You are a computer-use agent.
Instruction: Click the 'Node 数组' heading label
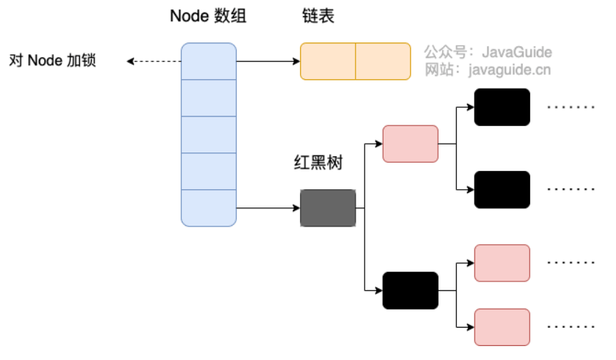(208, 16)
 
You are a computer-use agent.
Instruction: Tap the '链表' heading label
(318, 16)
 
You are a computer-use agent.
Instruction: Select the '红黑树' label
(318, 162)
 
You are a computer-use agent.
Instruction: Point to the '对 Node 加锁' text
(53, 60)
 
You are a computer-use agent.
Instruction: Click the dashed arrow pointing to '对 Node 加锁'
(154, 62)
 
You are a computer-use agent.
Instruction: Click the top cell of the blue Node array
(208, 62)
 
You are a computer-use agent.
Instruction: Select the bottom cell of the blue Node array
(208, 208)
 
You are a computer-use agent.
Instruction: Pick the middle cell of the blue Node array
(208, 135)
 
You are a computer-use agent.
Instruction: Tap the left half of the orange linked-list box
(328, 62)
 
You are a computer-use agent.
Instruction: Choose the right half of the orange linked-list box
(383, 62)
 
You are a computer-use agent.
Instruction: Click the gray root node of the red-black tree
(328, 208)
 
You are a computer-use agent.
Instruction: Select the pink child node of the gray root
(411, 144)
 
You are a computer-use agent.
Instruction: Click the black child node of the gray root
(411, 290)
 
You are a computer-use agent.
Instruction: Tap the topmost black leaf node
(502, 107)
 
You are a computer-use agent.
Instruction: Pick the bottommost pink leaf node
(502, 327)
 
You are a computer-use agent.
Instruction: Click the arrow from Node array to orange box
(268, 62)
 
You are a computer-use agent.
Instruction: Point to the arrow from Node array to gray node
(268, 208)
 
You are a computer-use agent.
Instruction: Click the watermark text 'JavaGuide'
(516, 52)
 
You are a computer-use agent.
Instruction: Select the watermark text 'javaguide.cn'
(510, 70)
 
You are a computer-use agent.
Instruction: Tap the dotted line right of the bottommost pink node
(571, 326)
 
